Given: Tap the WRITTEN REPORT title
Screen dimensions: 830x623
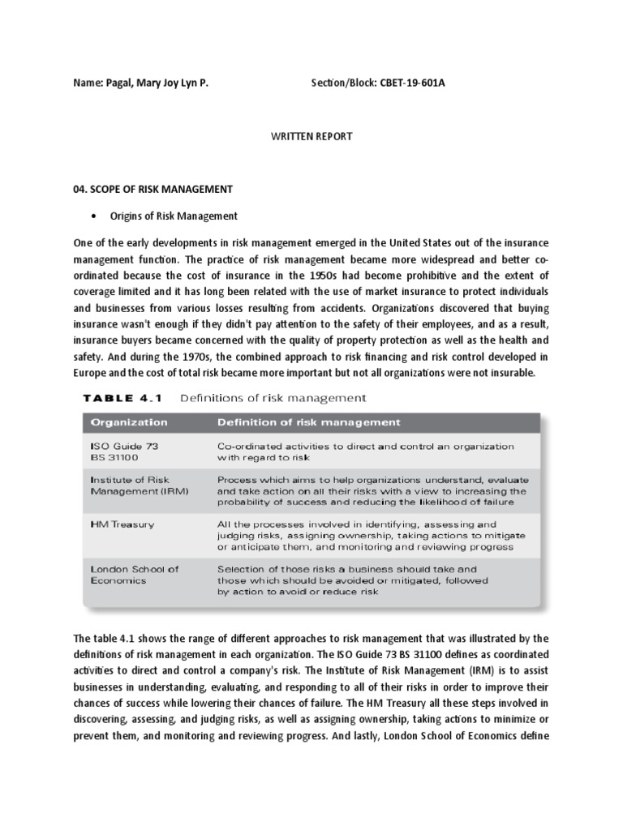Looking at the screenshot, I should [311, 136].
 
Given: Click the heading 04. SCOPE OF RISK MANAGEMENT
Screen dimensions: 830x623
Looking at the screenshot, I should [153, 189].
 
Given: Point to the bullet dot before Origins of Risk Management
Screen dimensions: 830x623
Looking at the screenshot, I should [95, 216].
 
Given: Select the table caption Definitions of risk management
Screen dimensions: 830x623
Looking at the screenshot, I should [273, 398].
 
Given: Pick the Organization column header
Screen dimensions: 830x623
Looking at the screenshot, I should [129, 422].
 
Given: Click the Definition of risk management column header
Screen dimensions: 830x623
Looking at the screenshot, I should [308, 422].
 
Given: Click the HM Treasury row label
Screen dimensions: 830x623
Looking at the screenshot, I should [122, 524].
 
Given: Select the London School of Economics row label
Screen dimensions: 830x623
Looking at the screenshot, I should [134, 575].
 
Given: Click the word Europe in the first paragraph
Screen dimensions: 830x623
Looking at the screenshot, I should [89, 372].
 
